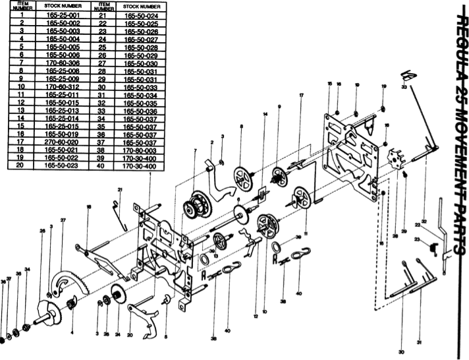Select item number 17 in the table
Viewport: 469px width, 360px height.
click(22, 141)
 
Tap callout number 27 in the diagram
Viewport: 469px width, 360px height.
click(63, 219)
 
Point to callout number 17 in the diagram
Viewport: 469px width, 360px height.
click(301, 96)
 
